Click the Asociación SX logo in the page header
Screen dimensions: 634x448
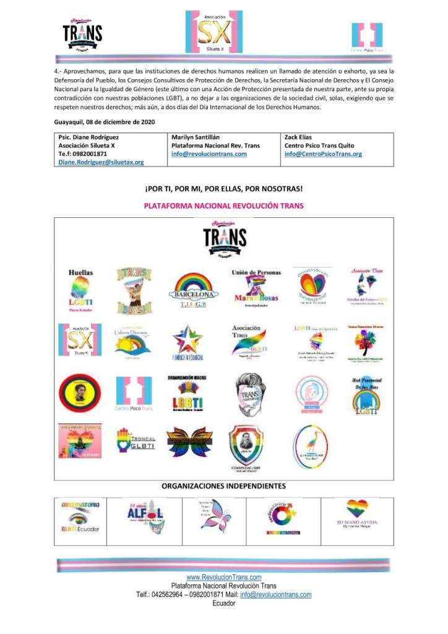coord(215,32)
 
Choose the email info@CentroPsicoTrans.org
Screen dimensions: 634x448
coord(323,154)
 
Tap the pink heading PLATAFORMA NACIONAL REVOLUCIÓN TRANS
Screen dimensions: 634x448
coord(223,206)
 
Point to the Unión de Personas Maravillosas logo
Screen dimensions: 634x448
coord(256,287)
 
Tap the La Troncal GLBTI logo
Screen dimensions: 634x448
coord(135,441)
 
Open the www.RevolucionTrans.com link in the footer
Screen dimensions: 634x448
coord(223,577)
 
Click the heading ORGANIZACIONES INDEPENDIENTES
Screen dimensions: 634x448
coord(223,486)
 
